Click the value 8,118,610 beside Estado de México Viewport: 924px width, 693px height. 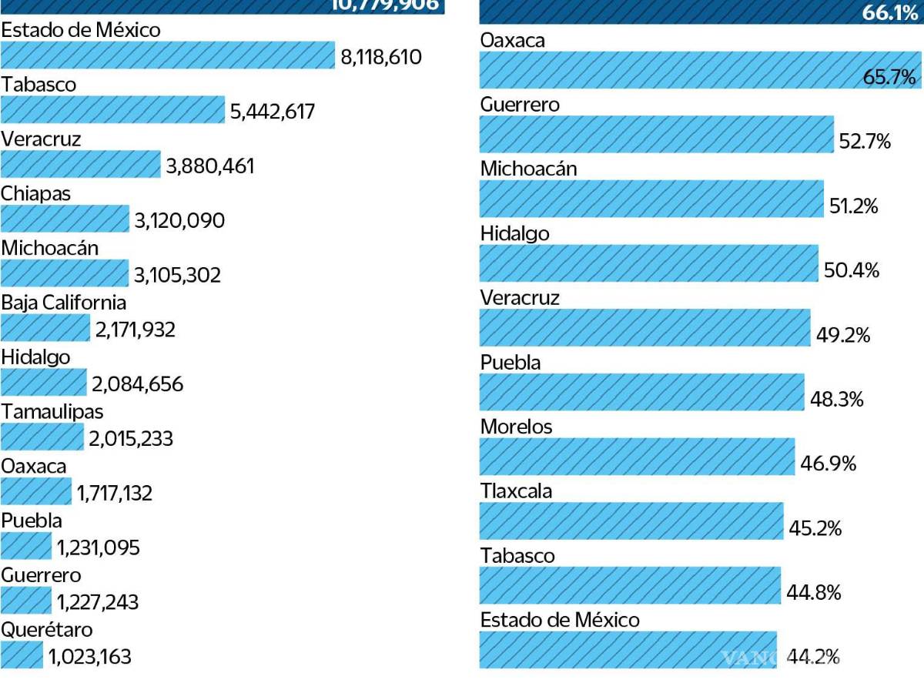point(380,56)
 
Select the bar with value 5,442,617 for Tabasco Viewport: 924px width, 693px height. point(112,110)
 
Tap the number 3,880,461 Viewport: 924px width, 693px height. point(209,166)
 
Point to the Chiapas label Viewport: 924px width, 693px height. point(35,193)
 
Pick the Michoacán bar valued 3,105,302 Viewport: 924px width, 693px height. point(65,273)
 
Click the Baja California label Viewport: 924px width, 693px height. point(63,303)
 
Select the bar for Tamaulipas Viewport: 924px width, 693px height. point(42,437)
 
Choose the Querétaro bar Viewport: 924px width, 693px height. point(22,655)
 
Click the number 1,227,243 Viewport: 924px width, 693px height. point(98,602)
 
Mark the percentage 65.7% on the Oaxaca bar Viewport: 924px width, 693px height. point(889,77)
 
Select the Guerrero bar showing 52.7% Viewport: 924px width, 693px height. point(656,135)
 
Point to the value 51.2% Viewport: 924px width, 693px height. point(854,206)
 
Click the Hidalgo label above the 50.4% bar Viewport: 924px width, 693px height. point(514,233)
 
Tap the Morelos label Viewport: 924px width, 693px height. point(516,427)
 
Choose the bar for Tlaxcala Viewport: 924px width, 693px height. point(631,521)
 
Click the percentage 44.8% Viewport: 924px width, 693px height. point(813,593)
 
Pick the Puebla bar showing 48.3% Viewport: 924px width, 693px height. point(641,393)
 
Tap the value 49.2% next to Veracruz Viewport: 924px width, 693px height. point(843,336)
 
